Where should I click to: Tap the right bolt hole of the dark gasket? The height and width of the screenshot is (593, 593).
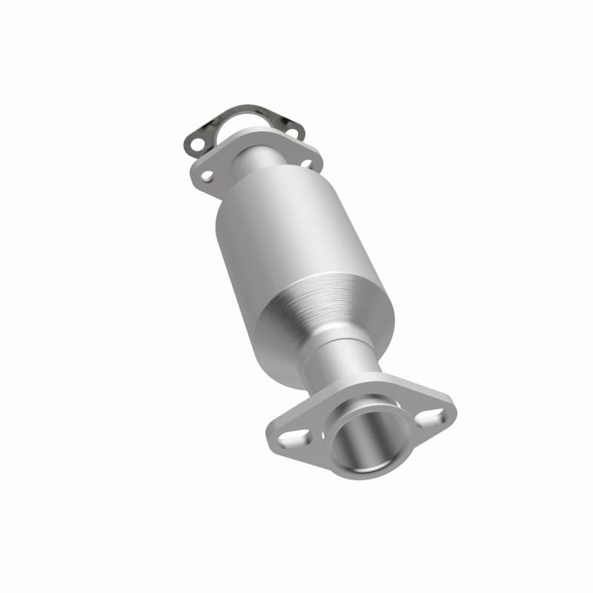[x=290, y=133]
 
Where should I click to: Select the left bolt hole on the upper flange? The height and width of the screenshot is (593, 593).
[x=207, y=176]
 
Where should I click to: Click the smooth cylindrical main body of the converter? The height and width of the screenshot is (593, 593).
[x=289, y=237]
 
